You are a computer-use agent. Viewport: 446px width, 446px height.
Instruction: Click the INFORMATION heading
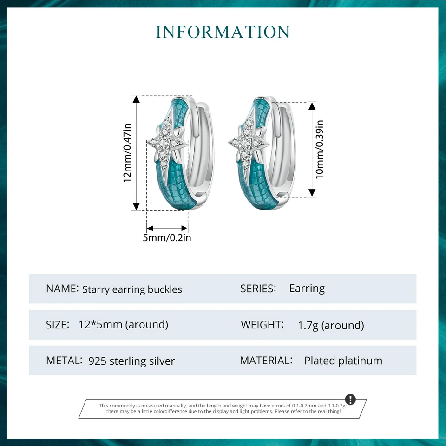tap(223, 32)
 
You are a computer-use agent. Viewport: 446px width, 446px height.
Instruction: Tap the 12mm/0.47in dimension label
tap(128, 153)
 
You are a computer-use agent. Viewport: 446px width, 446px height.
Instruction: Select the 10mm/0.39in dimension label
tap(320, 149)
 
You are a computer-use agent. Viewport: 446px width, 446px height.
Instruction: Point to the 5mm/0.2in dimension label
tap(167, 238)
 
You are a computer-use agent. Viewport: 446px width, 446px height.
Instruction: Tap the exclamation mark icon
tap(350, 400)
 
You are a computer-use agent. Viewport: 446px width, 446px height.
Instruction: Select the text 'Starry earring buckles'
tap(132, 289)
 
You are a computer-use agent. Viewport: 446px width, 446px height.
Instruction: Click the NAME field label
tap(62, 289)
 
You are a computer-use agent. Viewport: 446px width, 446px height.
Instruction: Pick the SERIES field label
tap(258, 289)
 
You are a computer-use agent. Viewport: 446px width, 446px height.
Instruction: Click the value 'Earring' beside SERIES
tap(307, 289)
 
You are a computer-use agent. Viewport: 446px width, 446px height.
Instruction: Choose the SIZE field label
tap(58, 325)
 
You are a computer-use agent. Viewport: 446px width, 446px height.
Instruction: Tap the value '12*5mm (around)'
tap(124, 325)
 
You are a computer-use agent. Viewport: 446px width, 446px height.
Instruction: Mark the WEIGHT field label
tap(262, 325)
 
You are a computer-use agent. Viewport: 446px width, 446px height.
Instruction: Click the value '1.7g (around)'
tap(331, 325)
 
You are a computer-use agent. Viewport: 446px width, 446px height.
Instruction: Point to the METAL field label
tap(64, 361)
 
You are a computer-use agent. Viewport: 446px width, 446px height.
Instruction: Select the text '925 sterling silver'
tap(131, 361)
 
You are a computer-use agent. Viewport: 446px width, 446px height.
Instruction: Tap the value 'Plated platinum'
tap(343, 361)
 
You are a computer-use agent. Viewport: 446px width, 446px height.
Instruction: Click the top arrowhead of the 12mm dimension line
tap(136, 99)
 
